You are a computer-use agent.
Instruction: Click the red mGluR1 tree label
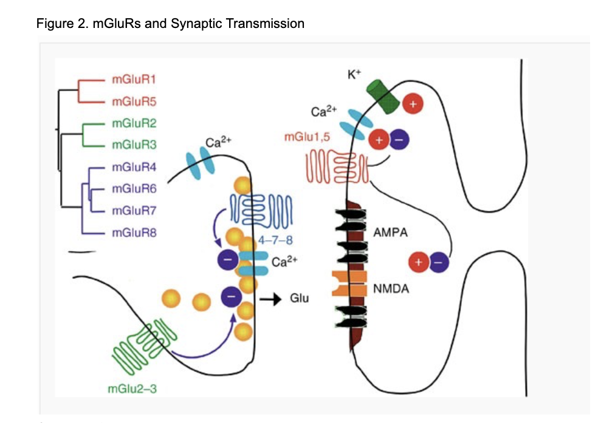[131, 79]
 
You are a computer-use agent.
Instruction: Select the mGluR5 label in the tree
[131, 101]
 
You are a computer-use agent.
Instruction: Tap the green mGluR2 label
[131, 123]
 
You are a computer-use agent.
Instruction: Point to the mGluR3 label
[131, 145]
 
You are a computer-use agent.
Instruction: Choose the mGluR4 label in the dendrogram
[131, 167]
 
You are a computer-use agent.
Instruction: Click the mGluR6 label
[131, 189]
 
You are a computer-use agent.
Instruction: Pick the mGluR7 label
[131, 211]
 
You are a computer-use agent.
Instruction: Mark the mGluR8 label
[131, 233]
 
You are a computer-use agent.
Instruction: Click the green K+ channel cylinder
[382, 97]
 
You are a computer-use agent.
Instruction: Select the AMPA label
[390, 232]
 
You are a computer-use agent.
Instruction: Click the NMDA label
[391, 289]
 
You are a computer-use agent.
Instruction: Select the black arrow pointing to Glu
[270, 298]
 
